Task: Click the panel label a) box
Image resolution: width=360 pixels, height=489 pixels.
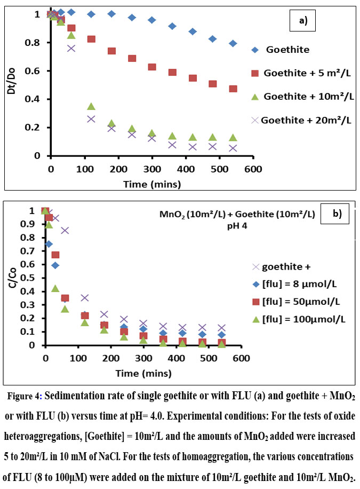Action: tap(302, 22)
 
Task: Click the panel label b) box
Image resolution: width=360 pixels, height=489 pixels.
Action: tap(337, 214)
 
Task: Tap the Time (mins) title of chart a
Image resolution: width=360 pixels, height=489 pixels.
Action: tap(151, 184)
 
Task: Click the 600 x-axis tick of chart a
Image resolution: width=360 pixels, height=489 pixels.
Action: tap(253, 169)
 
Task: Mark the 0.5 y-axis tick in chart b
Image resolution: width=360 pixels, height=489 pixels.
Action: tap(33, 278)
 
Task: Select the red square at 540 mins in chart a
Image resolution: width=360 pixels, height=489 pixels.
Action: tap(233, 89)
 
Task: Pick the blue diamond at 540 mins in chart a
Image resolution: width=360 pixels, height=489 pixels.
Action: tap(233, 43)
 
